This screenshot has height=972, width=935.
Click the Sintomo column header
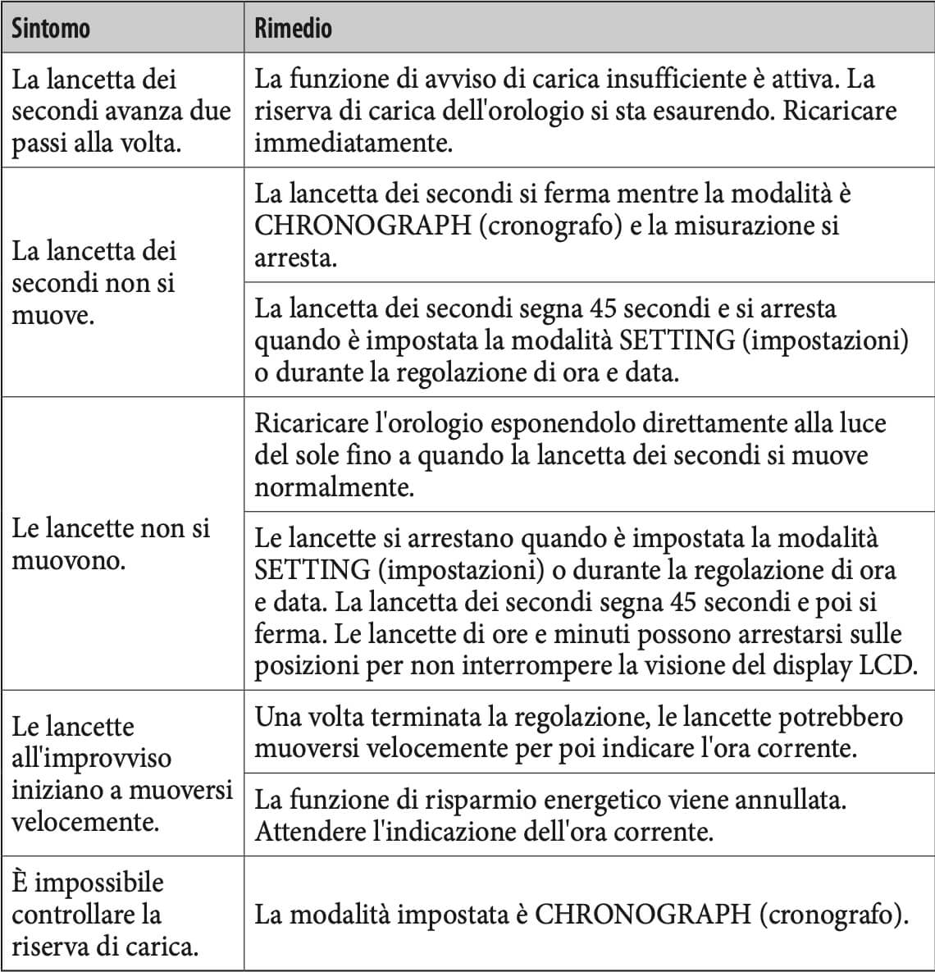pyautogui.click(x=50, y=29)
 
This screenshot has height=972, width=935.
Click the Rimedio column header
pyautogui.click(x=293, y=29)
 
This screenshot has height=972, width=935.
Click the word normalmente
pyautogui.click(x=334, y=487)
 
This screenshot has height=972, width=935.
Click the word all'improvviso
pyautogui.click(x=91, y=757)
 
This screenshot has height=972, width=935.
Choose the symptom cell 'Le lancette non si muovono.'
pyautogui.click(x=111, y=544)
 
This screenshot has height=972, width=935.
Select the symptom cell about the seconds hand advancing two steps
pyautogui.click(x=121, y=111)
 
